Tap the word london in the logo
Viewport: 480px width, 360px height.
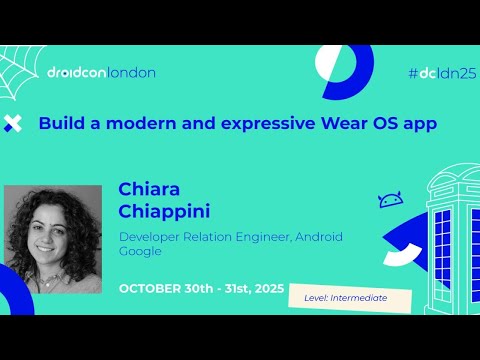[x=130, y=72]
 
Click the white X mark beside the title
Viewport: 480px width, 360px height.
[x=13, y=124]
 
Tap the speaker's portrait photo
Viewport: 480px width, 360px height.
[x=53, y=238]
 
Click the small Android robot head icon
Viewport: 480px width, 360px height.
[x=390, y=201]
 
